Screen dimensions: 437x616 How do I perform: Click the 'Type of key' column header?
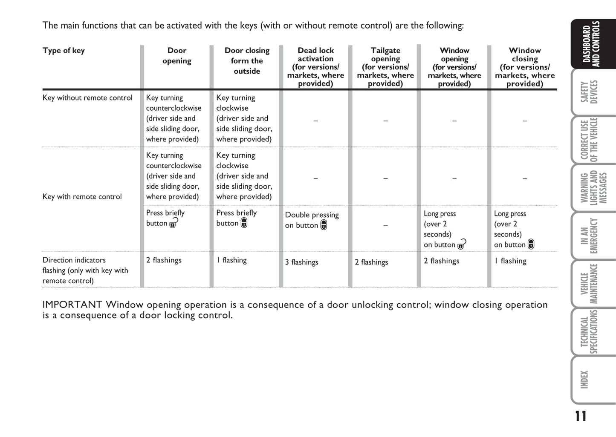64,51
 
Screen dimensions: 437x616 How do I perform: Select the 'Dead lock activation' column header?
315,66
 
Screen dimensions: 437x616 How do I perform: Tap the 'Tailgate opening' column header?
385,66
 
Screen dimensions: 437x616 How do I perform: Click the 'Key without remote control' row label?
87,98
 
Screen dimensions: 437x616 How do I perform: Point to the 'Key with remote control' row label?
82,197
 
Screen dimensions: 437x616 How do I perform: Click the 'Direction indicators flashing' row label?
85,270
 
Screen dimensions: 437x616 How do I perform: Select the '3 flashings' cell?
301,262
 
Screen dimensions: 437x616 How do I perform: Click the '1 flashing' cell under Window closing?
510,261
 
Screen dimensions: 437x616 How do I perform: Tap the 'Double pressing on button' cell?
312,220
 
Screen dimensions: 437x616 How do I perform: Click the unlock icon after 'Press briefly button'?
174,223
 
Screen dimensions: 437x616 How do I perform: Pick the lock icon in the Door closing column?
244,223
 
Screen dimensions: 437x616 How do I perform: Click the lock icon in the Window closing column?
531,244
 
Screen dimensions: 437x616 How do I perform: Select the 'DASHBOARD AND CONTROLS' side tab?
593,45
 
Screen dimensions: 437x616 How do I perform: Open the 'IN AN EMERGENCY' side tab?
593,236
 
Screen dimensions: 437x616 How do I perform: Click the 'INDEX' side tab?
593,379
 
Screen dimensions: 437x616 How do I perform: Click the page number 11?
580,416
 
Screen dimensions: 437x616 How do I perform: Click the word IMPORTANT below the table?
72,305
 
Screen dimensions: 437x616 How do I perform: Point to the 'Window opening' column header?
454,66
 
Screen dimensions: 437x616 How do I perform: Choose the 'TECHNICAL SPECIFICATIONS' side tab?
593,332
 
